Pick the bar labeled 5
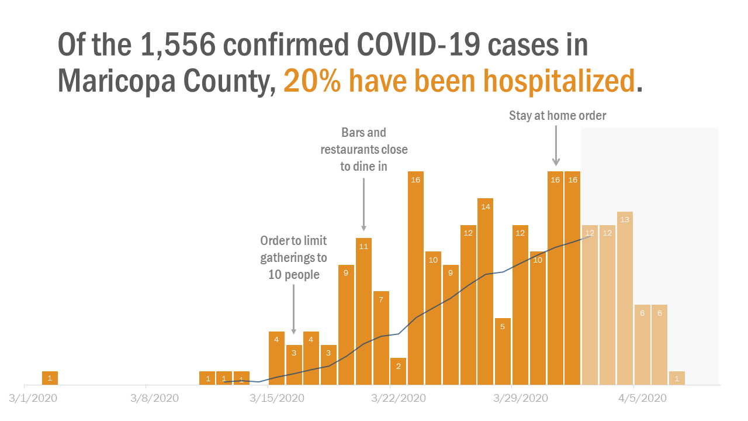[x=503, y=351]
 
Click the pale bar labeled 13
[x=625, y=298]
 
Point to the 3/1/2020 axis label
[x=33, y=398]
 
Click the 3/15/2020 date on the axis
[x=278, y=398]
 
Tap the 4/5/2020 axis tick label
[x=642, y=398]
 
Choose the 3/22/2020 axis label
[x=399, y=398]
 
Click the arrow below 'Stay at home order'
[x=556, y=146]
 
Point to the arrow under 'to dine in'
[x=363, y=204]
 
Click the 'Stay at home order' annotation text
[x=557, y=116]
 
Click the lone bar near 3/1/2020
[x=50, y=378]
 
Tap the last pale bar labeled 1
[x=677, y=378]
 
